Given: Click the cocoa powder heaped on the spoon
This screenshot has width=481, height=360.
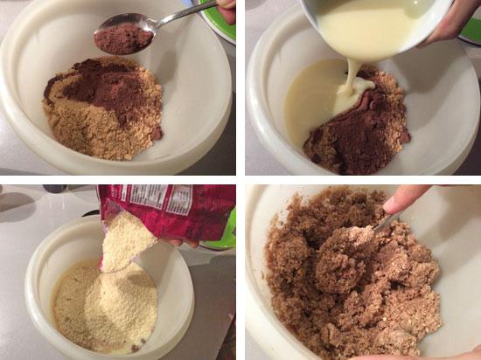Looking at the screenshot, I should [123, 38].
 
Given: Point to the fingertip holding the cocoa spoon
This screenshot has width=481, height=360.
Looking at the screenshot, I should [227, 10].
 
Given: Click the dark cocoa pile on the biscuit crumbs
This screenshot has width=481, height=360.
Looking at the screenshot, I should [104, 87].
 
